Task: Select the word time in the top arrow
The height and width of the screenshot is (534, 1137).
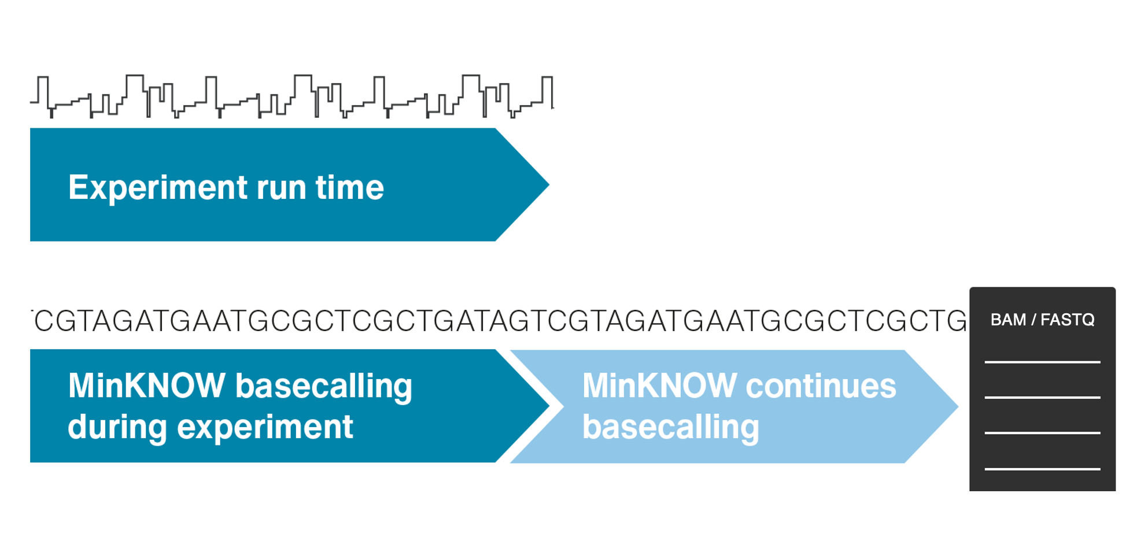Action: click(349, 188)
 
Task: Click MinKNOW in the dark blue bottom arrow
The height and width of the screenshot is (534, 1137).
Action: click(146, 385)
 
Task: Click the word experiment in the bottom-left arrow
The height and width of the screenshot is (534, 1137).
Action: click(265, 428)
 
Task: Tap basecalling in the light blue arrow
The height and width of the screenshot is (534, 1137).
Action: click(670, 428)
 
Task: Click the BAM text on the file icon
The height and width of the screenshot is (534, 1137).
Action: click(1007, 320)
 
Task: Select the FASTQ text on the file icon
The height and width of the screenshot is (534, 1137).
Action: click(1068, 320)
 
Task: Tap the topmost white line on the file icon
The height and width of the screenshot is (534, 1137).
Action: click(1042, 362)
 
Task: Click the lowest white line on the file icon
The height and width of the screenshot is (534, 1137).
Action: click(1042, 469)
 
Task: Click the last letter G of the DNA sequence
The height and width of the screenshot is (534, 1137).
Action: click(955, 321)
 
